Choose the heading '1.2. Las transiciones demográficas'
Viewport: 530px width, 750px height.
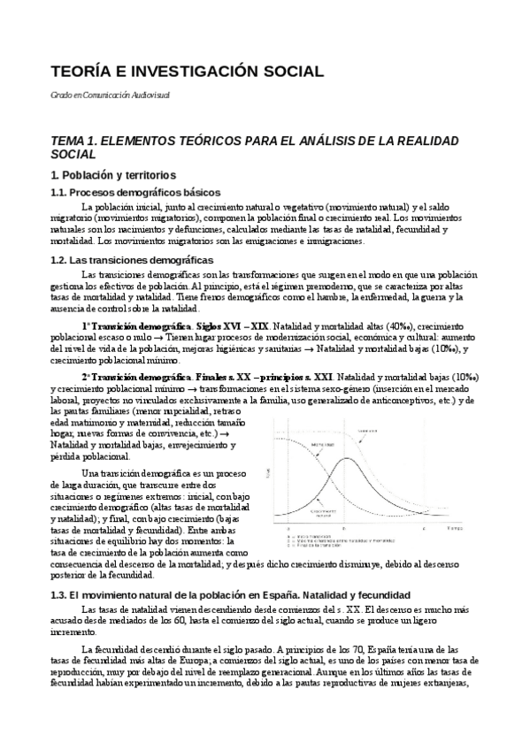click(132, 260)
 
